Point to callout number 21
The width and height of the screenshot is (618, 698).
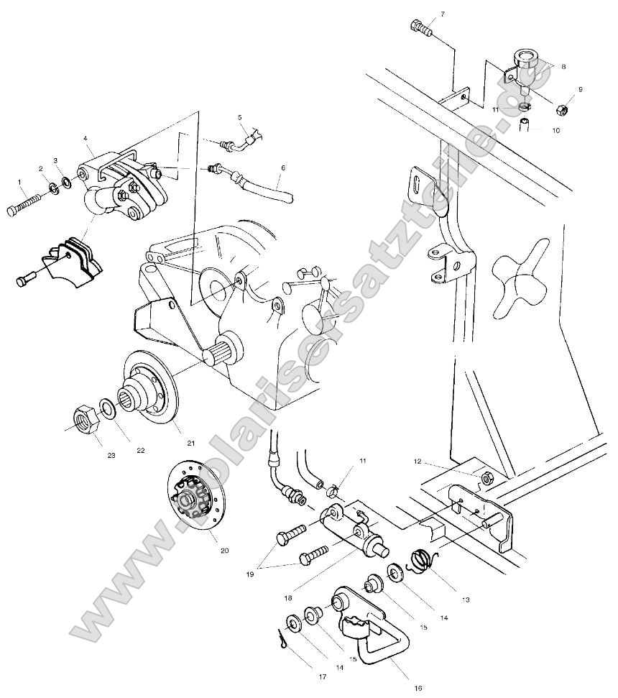tap(191, 442)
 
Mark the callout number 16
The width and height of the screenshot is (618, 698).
tap(418, 686)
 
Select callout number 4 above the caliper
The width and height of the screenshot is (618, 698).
tap(85, 137)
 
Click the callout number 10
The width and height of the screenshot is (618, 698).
tap(555, 131)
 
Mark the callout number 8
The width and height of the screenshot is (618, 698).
tap(563, 66)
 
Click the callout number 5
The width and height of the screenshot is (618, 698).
tap(240, 116)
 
